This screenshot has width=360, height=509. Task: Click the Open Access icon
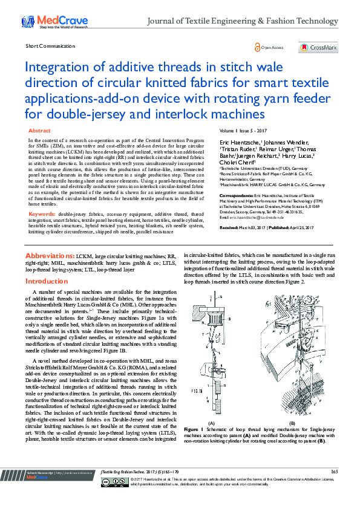[258, 47]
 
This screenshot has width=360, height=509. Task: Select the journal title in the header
[243, 21]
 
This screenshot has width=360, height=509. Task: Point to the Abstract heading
[40, 131]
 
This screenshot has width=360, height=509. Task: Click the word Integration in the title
[57, 66]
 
